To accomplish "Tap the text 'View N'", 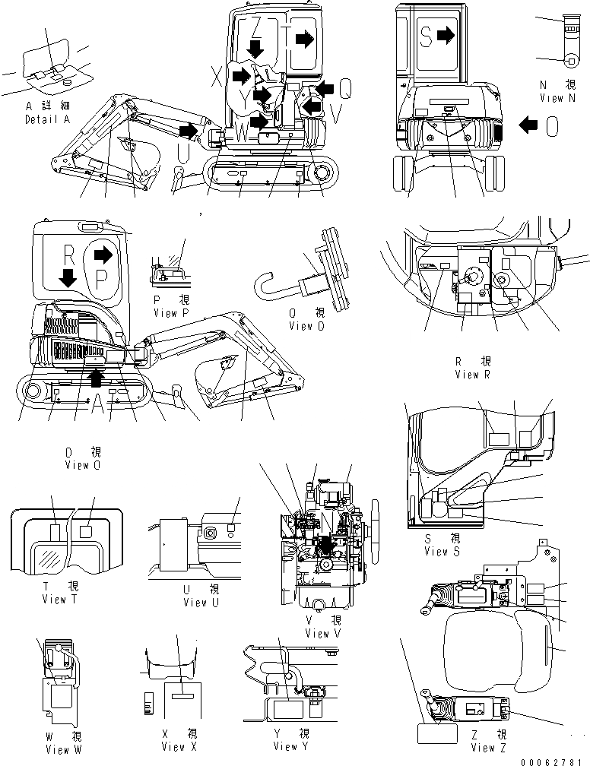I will coord(551,98).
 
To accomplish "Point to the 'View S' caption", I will coord(442,552).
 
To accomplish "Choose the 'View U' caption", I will coord(201,602).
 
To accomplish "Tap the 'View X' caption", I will coord(179,746).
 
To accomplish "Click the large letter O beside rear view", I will coord(553,125).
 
